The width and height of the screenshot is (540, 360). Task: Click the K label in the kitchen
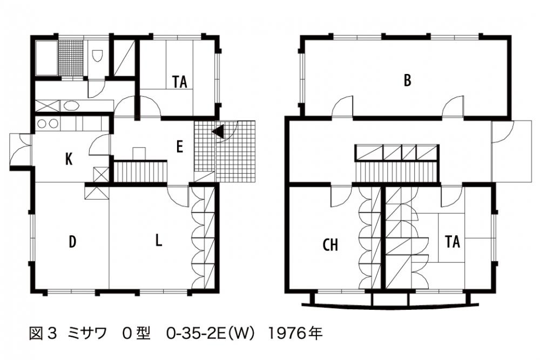[x=69, y=159]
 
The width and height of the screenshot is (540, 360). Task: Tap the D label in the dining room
[x=72, y=242]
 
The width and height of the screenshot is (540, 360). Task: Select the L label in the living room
[x=158, y=240]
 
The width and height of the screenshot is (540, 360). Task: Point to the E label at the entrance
[x=179, y=147]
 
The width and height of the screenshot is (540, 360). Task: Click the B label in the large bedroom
[x=407, y=80]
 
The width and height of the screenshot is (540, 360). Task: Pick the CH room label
[x=330, y=245]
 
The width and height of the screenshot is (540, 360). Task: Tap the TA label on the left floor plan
[x=180, y=82]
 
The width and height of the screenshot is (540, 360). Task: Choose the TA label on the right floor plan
[x=452, y=242]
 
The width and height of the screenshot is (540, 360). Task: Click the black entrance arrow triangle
[x=218, y=131]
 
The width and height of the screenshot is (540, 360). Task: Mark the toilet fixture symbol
[x=97, y=56]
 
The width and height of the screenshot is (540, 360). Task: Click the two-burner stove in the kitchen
[x=47, y=124]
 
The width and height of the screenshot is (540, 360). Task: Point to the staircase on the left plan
[x=140, y=172]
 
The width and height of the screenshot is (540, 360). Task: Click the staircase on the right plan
[x=397, y=171]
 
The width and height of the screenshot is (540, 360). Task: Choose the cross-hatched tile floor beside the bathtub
[x=71, y=57]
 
